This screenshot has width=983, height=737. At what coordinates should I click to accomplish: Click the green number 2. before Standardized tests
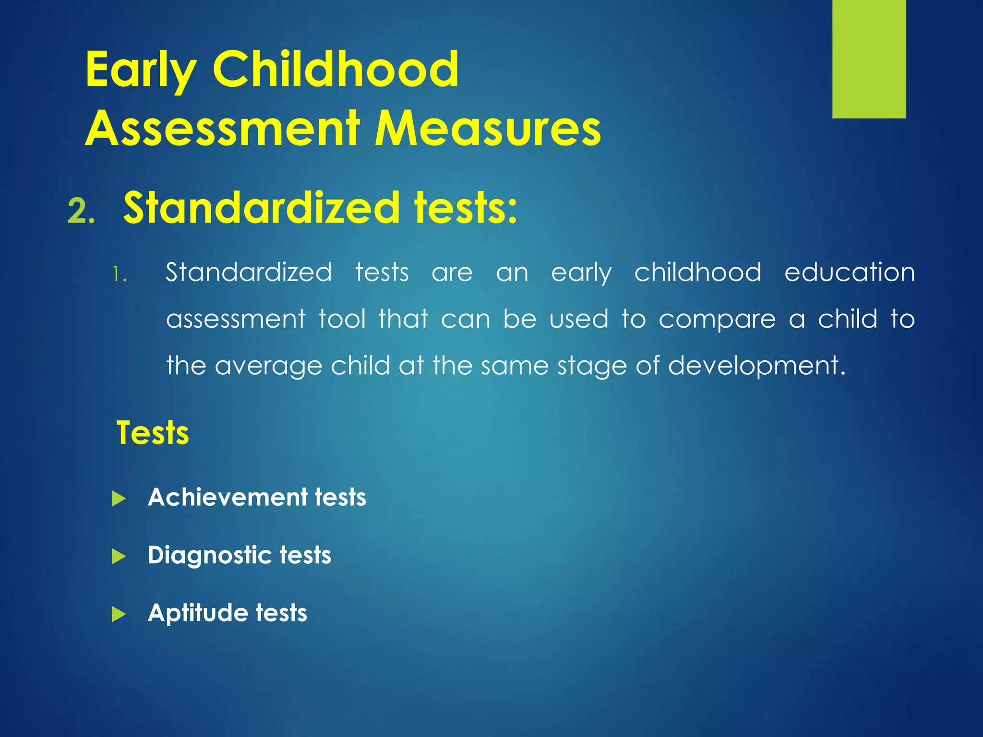pos(81,211)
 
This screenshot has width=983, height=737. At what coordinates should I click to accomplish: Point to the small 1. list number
pos(120,275)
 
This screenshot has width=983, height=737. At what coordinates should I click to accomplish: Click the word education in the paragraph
pos(849,273)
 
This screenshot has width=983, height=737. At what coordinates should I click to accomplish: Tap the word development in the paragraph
pos(756,367)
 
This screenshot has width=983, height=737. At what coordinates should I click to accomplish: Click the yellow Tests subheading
pos(153,433)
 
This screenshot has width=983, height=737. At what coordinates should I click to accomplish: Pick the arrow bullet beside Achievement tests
pos(119,499)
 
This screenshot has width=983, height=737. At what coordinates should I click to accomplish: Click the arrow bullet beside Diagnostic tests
pos(119,557)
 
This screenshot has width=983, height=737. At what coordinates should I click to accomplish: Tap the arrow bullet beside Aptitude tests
pos(119,614)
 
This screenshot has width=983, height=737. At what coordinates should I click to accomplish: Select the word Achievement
pos(227,497)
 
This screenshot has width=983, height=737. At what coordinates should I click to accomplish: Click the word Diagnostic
pos(210,556)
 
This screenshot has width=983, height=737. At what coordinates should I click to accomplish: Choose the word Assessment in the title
pos(222,129)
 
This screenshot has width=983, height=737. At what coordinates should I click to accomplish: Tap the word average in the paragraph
pos(268,367)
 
